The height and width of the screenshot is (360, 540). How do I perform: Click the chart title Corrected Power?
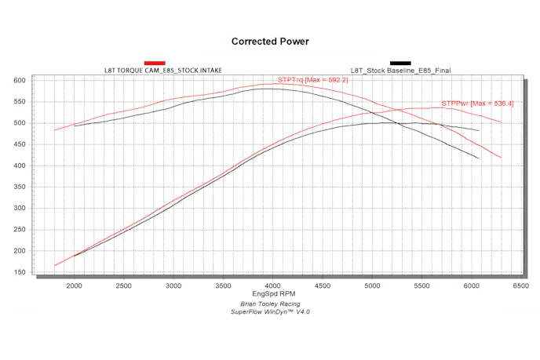(269, 41)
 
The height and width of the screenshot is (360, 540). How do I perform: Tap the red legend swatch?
(155, 63)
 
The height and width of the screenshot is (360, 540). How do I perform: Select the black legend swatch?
(400, 63)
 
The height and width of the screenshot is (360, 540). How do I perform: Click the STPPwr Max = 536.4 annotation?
(477, 103)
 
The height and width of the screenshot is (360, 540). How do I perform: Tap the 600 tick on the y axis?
(20, 80)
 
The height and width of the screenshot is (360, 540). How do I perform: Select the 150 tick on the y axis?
(20, 272)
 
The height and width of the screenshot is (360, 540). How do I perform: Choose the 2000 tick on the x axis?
(75, 286)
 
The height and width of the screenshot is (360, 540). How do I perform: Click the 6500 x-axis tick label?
(519, 286)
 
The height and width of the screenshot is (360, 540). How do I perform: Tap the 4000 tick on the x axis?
(272, 286)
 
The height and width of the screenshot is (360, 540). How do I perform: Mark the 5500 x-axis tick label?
(420, 286)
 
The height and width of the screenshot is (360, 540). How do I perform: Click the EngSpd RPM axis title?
(270, 296)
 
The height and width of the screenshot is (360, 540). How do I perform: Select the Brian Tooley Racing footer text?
(270, 304)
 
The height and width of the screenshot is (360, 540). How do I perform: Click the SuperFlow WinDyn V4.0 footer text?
(270, 312)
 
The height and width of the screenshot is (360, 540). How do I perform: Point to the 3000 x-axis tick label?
(173, 286)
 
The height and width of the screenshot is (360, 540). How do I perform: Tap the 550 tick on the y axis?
(20, 101)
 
